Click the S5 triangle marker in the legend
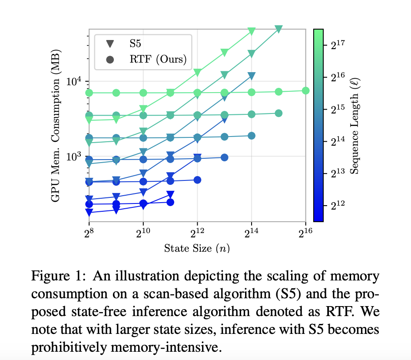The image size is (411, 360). point(110,43)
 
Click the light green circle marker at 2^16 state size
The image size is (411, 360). point(305,90)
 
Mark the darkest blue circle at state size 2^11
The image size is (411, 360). point(170,202)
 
